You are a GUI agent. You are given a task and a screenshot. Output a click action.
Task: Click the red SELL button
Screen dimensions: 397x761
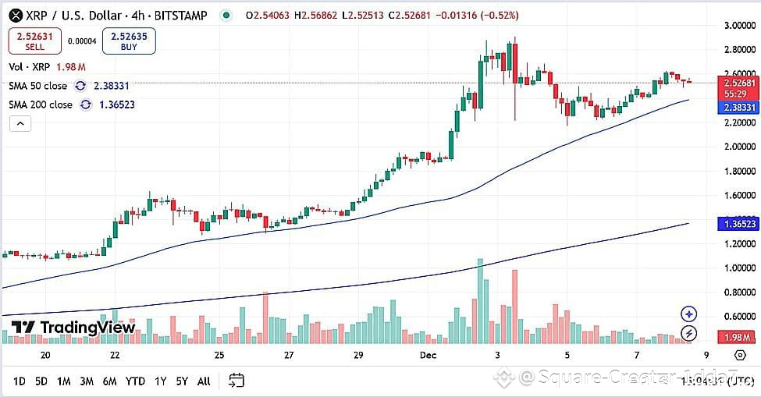[x=35, y=41]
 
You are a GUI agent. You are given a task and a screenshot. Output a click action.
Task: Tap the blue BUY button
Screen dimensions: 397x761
[x=129, y=41]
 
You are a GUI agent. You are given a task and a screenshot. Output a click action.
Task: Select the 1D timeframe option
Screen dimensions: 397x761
[x=20, y=381]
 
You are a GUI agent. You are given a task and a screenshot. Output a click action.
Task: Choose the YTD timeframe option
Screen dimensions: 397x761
[x=135, y=381]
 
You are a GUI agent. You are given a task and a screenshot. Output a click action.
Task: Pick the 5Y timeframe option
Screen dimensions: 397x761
[x=182, y=381]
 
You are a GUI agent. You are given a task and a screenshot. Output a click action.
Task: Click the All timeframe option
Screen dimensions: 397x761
[x=204, y=381]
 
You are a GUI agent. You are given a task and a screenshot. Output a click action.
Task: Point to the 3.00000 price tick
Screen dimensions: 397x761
[x=738, y=26]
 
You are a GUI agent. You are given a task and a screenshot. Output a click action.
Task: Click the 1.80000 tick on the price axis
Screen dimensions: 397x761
[x=738, y=171]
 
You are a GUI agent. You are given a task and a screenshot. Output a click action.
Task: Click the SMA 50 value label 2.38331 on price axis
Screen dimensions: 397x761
[x=738, y=108]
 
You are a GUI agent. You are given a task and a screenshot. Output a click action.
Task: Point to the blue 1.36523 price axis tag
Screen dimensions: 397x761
[x=738, y=224]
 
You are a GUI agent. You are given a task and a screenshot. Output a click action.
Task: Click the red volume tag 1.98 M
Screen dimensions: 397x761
[x=738, y=337]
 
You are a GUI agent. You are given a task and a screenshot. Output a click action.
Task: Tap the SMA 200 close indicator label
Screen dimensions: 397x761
[x=41, y=105]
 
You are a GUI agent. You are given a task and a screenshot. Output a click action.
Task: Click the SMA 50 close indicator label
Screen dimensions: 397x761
[x=38, y=86]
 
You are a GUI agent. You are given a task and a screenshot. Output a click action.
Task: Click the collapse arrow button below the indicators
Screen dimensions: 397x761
[x=20, y=123]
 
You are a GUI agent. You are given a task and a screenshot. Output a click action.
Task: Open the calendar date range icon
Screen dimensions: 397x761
[x=236, y=381]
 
